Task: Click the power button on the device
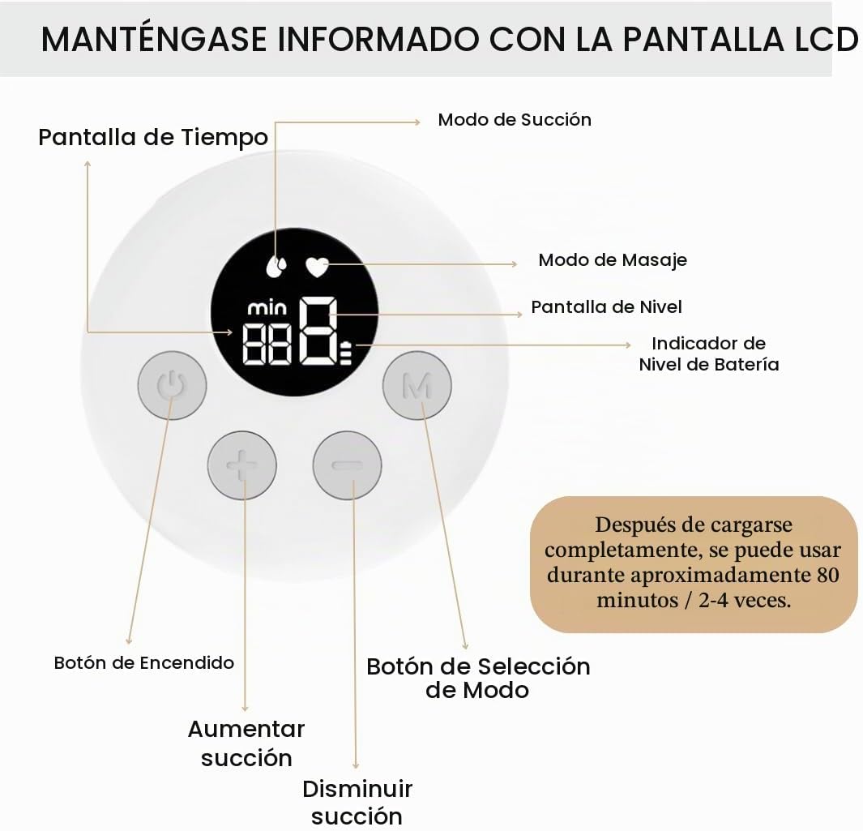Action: click(x=173, y=385)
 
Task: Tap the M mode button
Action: click(x=417, y=385)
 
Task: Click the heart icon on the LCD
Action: click(x=317, y=267)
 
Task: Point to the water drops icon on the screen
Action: click(x=276, y=266)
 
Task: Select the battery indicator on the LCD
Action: click(x=346, y=353)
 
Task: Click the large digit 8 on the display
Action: click(x=318, y=331)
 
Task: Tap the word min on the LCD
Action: click(x=267, y=308)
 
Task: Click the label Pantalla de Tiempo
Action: click(x=153, y=138)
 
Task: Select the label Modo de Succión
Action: click(x=515, y=119)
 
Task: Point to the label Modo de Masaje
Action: click(x=613, y=260)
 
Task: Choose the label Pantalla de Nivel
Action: click(x=606, y=306)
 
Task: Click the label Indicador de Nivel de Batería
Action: click(x=709, y=353)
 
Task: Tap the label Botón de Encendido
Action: click(x=144, y=662)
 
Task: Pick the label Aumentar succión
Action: click(x=246, y=743)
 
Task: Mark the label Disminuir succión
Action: click(x=357, y=803)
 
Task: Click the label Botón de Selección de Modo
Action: click(x=478, y=678)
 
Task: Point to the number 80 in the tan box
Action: click(x=828, y=574)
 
